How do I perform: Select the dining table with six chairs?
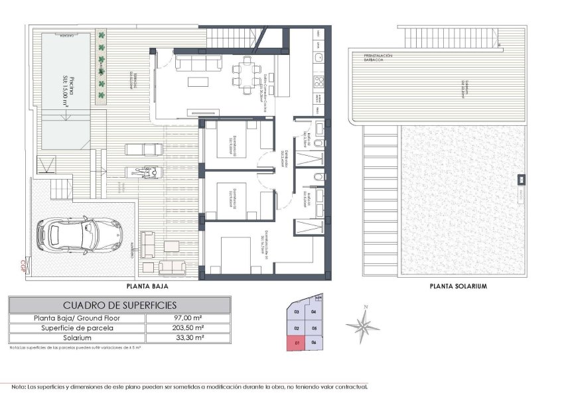pos(246,72)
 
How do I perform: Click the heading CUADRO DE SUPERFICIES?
pos(119,305)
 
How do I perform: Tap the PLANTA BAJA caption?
pos(147,287)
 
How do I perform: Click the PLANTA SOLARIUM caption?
pos(458,287)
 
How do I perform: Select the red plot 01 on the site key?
pos(297,342)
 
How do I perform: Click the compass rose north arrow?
pos(364,324)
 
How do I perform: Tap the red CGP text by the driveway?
pos(23,265)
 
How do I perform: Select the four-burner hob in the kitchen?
pos(318,83)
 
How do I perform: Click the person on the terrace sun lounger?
pos(147,171)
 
